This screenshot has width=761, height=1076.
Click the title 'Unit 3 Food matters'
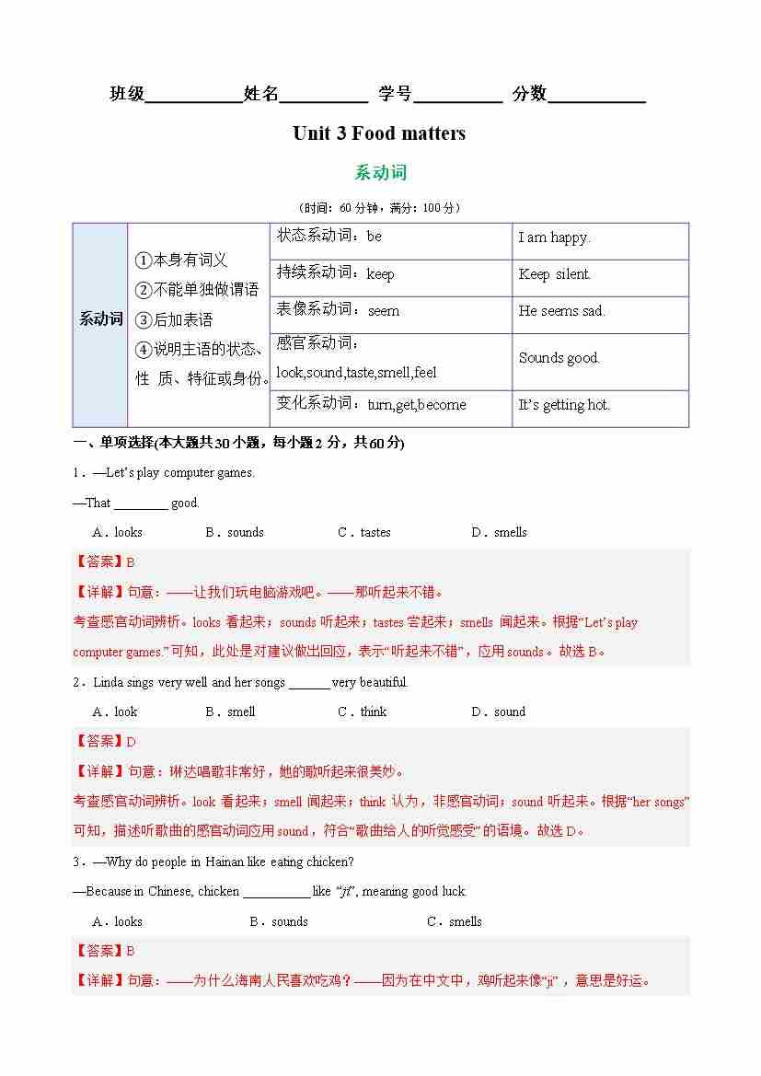click(x=379, y=133)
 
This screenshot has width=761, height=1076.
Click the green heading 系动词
click(x=380, y=173)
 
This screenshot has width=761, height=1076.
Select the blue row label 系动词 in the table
click(x=100, y=319)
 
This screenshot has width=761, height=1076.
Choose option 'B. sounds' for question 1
click(x=235, y=532)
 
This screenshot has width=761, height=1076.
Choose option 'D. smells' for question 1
click(x=499, y=532)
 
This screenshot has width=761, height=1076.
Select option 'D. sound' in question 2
click(x=498, y=712)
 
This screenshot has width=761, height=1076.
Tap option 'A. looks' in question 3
click(x=117, y=921)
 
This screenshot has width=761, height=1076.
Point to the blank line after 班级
click(x=193, y=95)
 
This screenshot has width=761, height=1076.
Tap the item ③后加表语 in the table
click(x=174, y=319)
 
